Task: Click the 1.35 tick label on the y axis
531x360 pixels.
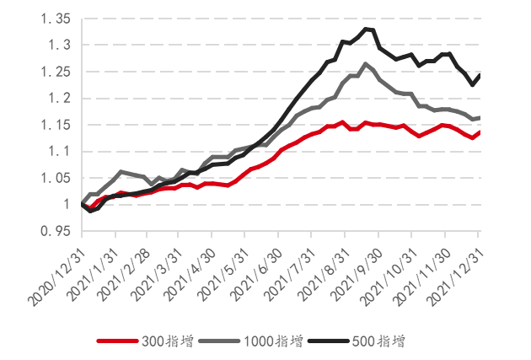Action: (x=51, y=19)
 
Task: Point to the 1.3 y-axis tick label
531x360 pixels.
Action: (x=56, y=45)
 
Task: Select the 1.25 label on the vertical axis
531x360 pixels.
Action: (x=51, y=72)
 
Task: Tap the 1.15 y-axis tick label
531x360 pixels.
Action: (x=51, y=125)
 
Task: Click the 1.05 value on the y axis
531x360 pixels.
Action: (x=51, y=178)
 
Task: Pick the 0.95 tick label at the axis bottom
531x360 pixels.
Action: (x=51, y=230)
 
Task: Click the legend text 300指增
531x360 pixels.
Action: (x=168, y=341)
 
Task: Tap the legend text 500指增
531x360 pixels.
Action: (x=378, y=341)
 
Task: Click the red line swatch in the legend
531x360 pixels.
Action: (x=117, y=341)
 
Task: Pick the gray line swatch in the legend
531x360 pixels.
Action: (x=218, y=341)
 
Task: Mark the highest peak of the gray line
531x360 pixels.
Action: (x=365, y=63)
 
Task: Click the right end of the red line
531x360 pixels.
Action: (x=480, y=132)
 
